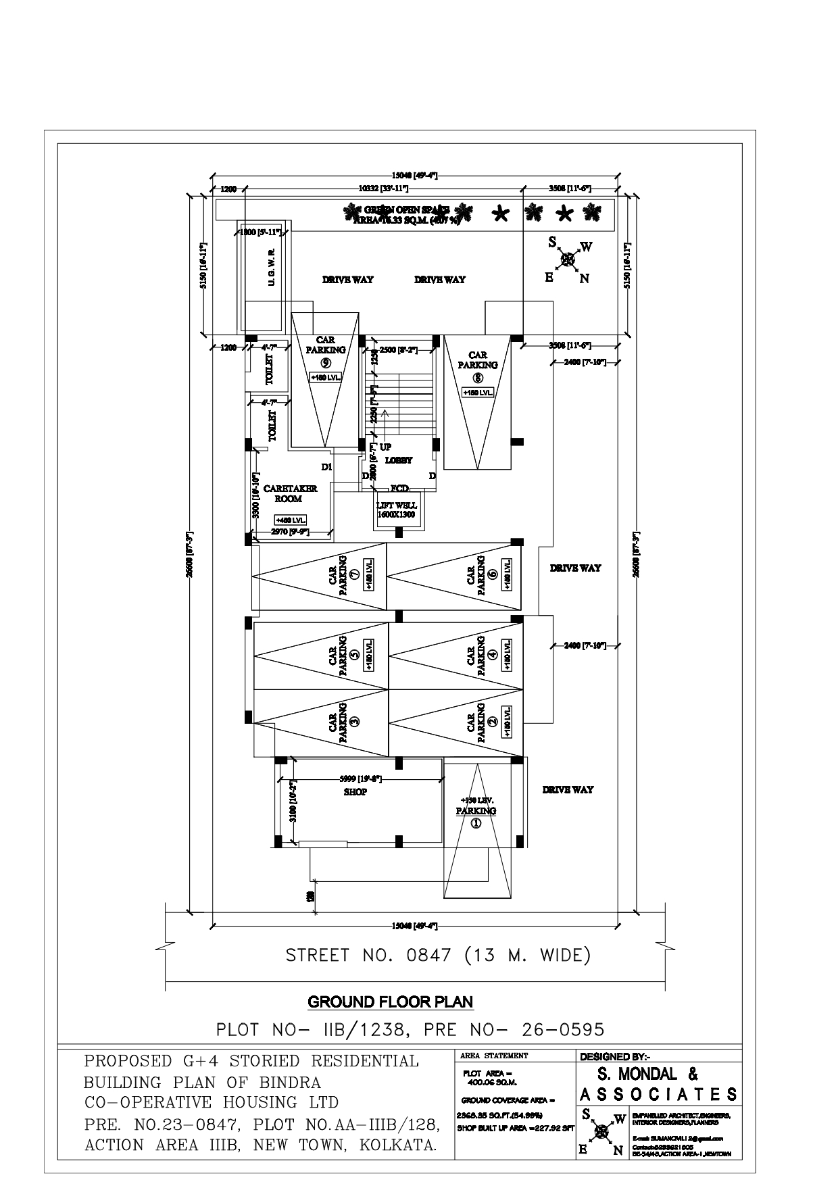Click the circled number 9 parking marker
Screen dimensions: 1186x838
[x=325, y=362]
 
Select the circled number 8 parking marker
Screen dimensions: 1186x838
[x=478, y=377]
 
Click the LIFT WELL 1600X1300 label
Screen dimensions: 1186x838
[x=396, y=510]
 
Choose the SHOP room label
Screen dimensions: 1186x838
[x=355, y=792]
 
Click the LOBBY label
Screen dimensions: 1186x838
[x=399, y=460]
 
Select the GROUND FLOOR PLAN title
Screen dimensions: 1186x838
[x=391, y=1002]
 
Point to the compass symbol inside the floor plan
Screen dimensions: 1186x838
[x=568, y=258]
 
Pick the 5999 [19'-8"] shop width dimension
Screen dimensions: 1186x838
[x=361, y=779]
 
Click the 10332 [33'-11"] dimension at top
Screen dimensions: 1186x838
[x=380, y=189]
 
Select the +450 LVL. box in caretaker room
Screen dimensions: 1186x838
[x=291, y=520]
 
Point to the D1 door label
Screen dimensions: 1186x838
[x=326, y=467]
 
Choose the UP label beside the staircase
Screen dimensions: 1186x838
[x=385, y=447]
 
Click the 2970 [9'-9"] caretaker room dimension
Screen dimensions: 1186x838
[x=289, y=532]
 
